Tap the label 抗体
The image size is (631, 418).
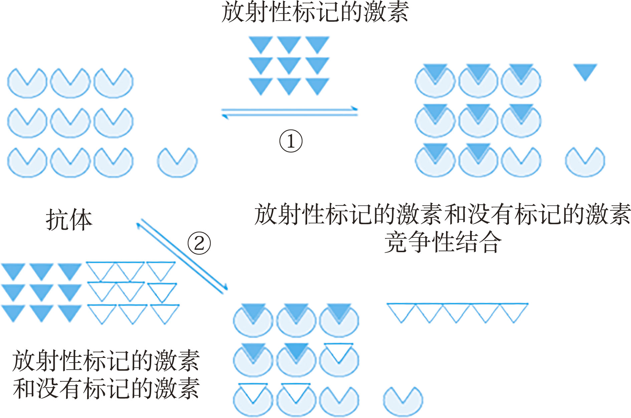coord(69,220)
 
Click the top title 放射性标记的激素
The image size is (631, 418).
coord(315,13)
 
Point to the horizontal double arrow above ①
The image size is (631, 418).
coord(289,112)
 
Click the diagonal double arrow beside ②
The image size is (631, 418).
coord(182,256)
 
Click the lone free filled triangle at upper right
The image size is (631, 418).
coord(585,71)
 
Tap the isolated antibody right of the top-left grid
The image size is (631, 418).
coord(177,162)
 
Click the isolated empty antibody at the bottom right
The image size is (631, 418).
coord(403,401)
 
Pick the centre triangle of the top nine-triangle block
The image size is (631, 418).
coord(289,65)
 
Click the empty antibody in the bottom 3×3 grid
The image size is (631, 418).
coord(339,401)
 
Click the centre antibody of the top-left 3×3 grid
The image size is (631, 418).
coord(70,122)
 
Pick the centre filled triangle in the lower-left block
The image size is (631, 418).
coord(41,291)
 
